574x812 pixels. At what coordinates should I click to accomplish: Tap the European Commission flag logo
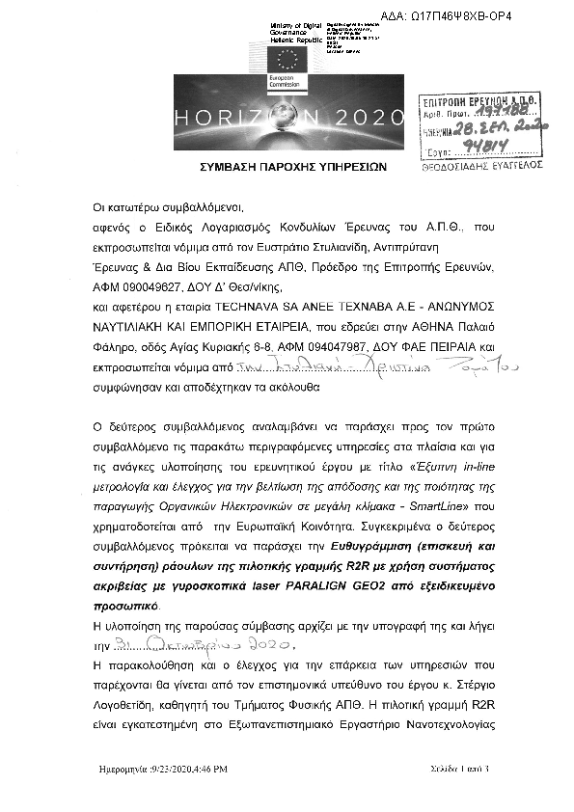(287, 59)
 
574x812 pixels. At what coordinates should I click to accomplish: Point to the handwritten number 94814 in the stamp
(509, 140)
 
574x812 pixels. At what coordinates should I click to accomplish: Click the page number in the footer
(460, 770)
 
